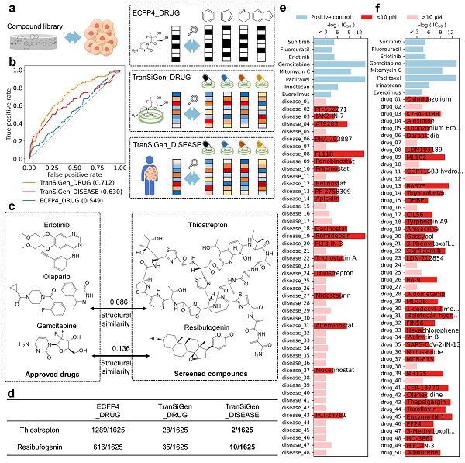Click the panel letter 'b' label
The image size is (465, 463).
(x=9, y=60)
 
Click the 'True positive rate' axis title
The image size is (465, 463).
(x=7, y=112)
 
